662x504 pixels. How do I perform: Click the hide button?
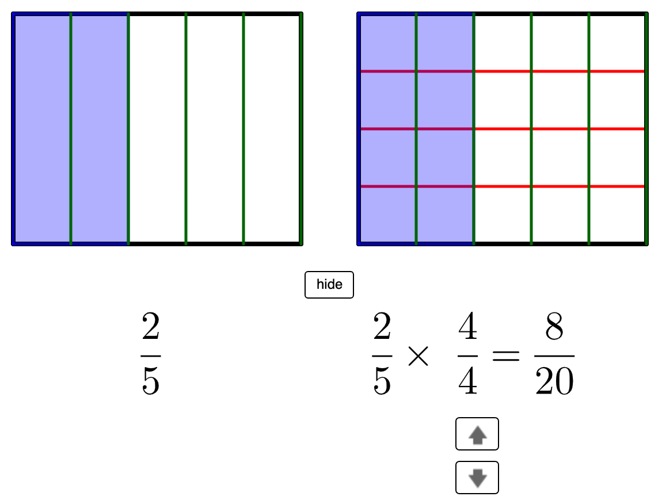[329, 284]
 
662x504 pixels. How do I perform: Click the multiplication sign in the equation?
[418, 356]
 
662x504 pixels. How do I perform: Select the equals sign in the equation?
[506, 356]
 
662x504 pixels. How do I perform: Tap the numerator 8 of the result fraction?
[554, 326]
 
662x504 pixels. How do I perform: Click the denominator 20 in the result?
[554, 381]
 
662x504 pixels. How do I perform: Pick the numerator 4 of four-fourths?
[468, 326]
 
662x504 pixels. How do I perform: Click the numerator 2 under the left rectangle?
[151, 326]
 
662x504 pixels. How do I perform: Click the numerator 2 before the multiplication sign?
[382, 326]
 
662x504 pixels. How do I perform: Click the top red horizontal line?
[503, 71]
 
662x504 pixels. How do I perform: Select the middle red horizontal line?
[503, 129]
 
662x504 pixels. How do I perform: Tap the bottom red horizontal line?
[503, 186]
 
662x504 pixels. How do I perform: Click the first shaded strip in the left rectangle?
[42, 129]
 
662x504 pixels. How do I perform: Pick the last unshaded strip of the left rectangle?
[272, 129]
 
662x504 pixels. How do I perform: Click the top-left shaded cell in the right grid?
[387, 43]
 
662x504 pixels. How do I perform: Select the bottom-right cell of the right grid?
[617, 215]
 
